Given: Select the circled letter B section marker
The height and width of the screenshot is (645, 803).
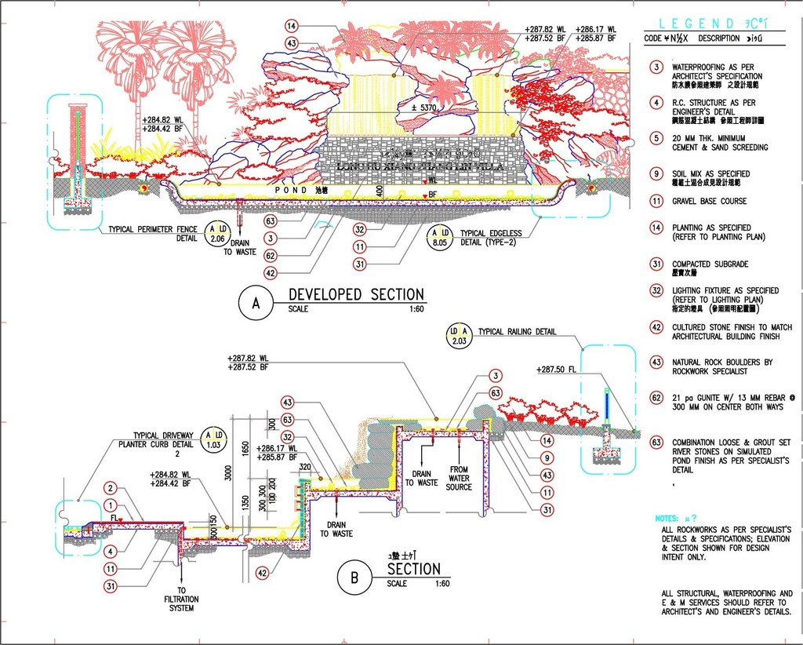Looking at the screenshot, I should tap(354, 578).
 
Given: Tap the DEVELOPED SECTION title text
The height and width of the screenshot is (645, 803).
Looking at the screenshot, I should tap(356, 294).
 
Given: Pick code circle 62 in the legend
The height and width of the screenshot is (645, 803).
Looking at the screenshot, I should tap(656, 398).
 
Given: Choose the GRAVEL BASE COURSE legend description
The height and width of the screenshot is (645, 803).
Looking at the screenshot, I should tap(709, 201).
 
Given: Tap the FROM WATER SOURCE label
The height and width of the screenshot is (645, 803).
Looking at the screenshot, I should tap(459, 478).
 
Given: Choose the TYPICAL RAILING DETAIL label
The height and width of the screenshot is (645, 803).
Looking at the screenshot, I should tap(517, 332).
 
